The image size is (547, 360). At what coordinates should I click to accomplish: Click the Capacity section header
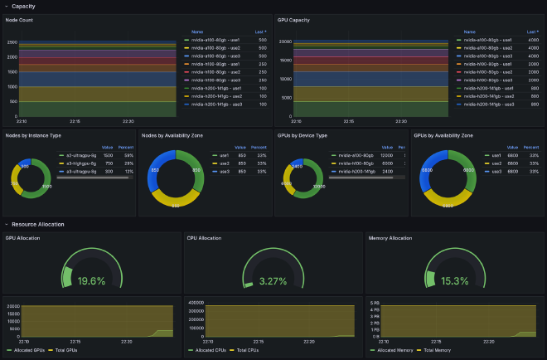[x=23, y=6]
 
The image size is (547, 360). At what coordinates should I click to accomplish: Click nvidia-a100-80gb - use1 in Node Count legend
[x=216, y=39]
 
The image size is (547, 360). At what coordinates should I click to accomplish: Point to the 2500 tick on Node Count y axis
[x=12, y=41]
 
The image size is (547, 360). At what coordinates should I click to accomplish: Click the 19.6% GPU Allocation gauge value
[x=91, y=281]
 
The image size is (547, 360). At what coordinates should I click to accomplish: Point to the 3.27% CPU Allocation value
[x=273, y=281]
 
